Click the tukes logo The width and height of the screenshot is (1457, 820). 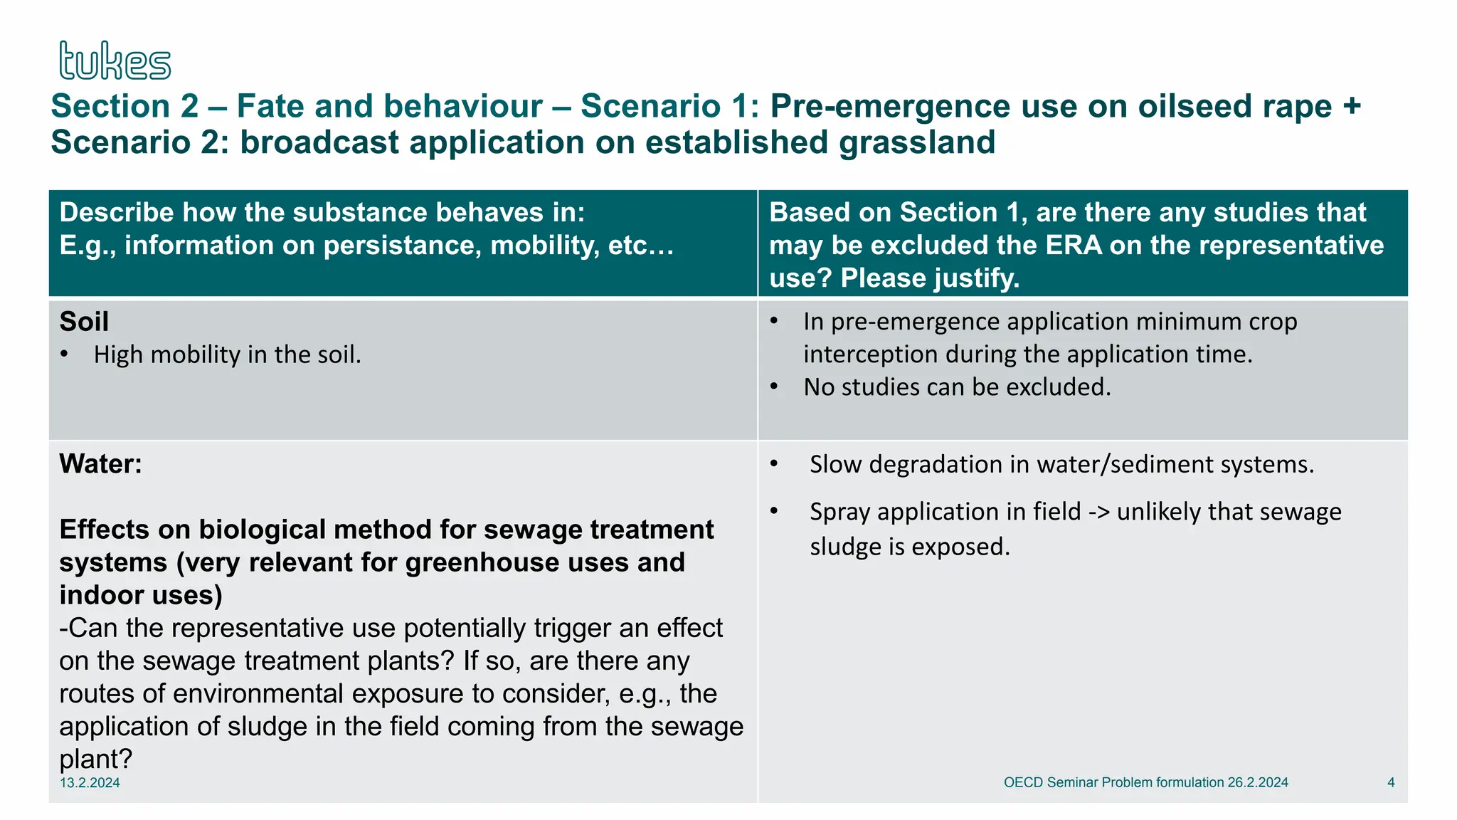[115, 61]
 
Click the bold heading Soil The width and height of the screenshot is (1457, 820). [84, 322]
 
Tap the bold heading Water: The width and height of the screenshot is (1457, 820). [100, 464]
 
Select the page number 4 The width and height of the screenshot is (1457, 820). [1391, 782]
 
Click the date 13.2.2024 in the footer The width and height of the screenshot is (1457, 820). [90, 783]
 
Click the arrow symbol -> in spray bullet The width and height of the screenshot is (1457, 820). [1098, 512]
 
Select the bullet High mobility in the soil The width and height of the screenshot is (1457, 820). [227, 354]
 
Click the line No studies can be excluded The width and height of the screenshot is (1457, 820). [957, 387]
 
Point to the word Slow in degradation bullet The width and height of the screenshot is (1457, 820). [835, 465]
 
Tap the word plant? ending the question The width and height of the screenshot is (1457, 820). [95, 759]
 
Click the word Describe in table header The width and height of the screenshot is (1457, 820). [117, 213]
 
